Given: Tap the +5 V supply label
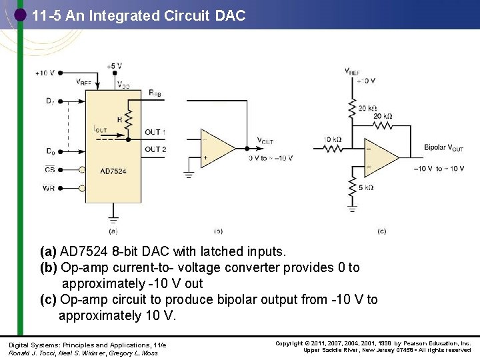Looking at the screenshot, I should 114,66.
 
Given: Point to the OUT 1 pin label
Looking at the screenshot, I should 155,132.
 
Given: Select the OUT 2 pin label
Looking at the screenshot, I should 155,149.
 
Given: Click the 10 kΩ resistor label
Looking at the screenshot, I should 332,139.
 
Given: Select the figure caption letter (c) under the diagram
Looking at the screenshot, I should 381,231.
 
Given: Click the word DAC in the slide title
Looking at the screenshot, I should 231,15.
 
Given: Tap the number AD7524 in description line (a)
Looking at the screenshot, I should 84,252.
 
